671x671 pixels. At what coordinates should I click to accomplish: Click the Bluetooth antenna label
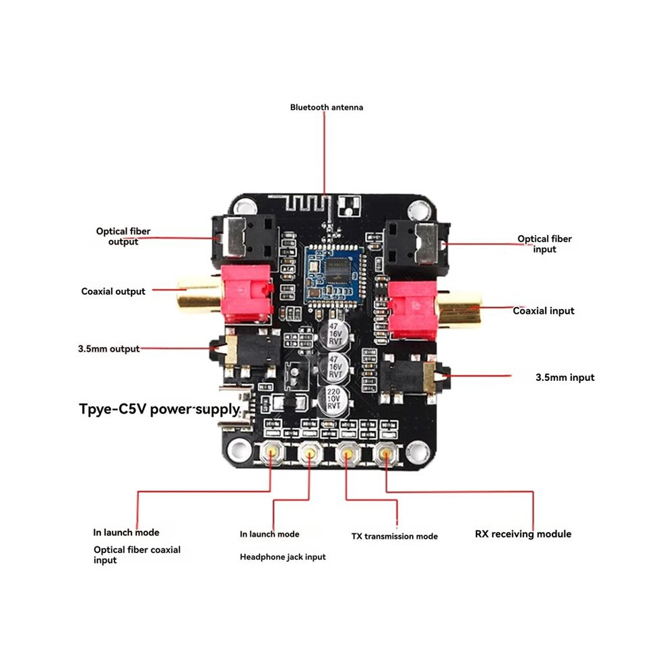pos(327,107)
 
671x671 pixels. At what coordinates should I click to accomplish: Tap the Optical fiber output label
pos(123,237)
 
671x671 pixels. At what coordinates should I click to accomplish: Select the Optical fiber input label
pos(544,244)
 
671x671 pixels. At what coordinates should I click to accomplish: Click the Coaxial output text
pos(113,291)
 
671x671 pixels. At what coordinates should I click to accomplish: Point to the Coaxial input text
pos(544,310)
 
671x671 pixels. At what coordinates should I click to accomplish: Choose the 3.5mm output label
pos(108,349)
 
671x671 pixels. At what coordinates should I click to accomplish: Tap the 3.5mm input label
pos(565,378)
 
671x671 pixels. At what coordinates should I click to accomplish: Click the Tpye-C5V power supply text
pos(160,409)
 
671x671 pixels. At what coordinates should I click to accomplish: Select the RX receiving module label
pos(523,534)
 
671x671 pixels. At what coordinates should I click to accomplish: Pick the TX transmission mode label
pos(394,536)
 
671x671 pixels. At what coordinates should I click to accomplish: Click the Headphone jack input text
pos(283,557)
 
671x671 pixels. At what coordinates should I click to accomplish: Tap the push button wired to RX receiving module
pos(386,453)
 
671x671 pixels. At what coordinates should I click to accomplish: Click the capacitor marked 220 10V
pos(333,399)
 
